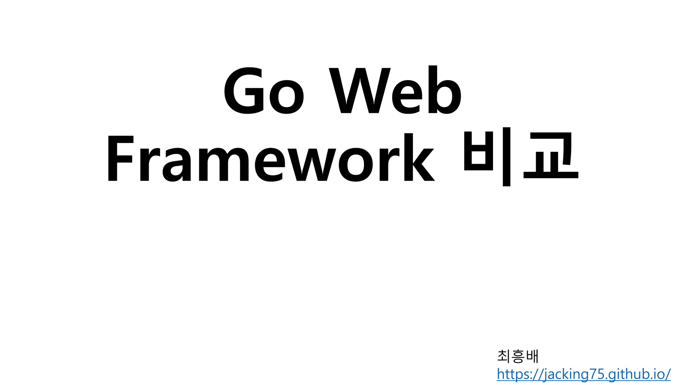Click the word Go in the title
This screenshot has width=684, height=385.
click(x=264, y=91)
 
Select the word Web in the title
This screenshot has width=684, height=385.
click(x=395, y=90)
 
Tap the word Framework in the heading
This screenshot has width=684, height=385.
click(x=270, y=158)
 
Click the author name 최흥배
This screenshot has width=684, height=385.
click(x=518, y=356)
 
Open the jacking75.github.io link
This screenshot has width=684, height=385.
click(x=583, y=374)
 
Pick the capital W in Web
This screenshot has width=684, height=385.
click(x=359, y=91)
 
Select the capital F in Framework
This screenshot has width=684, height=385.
click(x=121, y=158)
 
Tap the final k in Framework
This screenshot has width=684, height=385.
click(x=419, y=158)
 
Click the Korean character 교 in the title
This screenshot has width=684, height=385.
click(x=551, y=156)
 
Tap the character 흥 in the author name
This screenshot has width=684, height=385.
click(x=518, y=356)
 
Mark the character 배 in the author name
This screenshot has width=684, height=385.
click(x=532, y=356)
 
